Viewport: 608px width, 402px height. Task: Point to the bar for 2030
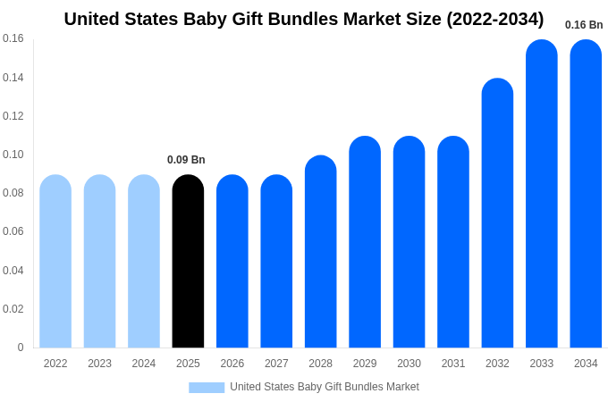click(409, 242)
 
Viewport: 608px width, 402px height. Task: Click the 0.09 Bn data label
click(186, 160)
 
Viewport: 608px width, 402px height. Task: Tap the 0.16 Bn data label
click(584, 25)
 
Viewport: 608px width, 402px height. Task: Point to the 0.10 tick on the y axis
click(13, 155)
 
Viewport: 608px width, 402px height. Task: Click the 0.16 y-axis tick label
click(13, 38)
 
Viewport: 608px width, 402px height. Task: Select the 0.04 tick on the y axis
click(13, 271)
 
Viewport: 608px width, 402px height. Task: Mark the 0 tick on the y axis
click(21, 348)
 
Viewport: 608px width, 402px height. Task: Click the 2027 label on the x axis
click(276, 364)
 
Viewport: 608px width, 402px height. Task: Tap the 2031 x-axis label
click(453, 364)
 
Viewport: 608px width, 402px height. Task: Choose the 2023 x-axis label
click(99, 364)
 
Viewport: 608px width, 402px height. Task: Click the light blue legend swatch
click(207, 388)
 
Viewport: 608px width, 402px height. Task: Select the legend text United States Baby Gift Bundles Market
click(325, 387)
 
